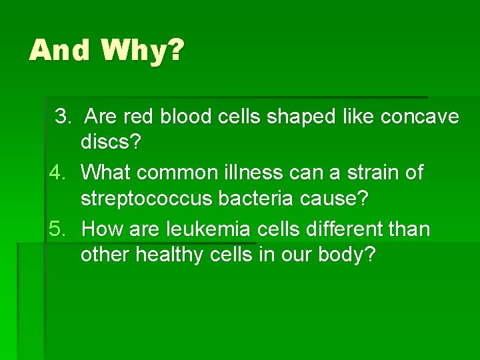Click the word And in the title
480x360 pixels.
59,50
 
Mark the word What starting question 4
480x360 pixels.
106,173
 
